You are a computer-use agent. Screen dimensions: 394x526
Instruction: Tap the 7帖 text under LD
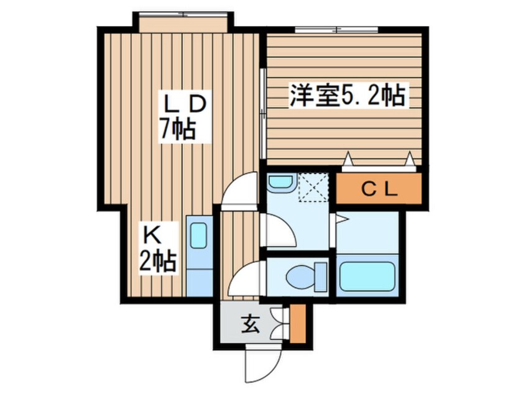tap(178, 129)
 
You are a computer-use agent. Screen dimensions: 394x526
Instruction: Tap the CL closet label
tap(379, 190)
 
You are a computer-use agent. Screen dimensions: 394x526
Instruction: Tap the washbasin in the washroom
tap(282, 184)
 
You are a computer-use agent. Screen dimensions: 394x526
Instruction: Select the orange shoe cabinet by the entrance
tap(298, 325)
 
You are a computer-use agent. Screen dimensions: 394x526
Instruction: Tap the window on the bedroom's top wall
tap(336, 29)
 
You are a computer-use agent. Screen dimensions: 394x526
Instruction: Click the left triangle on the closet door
tap(349, 160)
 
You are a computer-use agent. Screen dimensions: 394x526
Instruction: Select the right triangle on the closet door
tap(410, 160)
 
